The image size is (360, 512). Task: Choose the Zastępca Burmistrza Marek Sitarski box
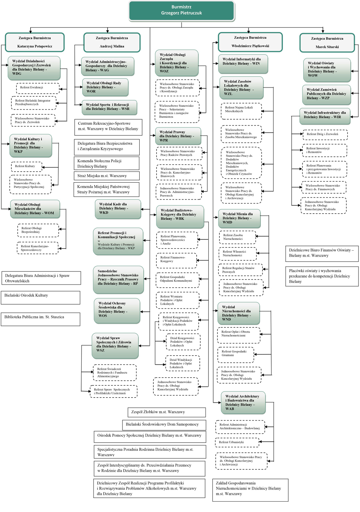tap(327, 42)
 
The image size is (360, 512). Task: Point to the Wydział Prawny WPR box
tap(178, 136)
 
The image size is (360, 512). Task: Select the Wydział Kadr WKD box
tap(118, 210)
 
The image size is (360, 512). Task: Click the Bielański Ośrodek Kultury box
tap(40, 298)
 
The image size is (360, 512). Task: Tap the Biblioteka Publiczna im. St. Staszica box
tap(40, 319)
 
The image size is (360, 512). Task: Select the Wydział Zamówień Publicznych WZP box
tap(326, 95)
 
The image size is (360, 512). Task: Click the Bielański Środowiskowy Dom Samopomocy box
tap(163, 424)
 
